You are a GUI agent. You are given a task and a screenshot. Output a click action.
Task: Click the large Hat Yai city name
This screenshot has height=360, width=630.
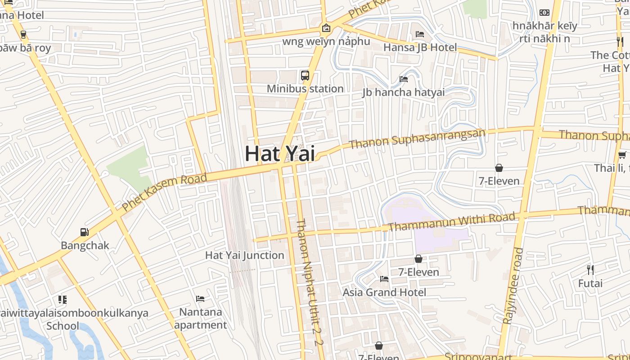coord(279,153)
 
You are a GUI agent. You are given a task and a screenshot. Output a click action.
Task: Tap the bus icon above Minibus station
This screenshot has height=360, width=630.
coord(305,75)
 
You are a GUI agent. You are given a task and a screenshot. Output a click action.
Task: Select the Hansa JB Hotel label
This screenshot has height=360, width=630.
coord(420,47)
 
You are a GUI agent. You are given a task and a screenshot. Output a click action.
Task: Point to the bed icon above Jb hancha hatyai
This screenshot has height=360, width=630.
coord(404,79)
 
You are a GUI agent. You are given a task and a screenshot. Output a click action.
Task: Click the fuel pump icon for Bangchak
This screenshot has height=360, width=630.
coord(84,232)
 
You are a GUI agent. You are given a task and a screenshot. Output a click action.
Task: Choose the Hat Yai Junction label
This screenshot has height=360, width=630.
coord(245,255)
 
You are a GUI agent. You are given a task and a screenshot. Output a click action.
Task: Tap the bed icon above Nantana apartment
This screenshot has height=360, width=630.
coord(200,299)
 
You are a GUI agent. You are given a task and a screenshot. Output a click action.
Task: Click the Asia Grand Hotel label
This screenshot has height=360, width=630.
coord(384,292)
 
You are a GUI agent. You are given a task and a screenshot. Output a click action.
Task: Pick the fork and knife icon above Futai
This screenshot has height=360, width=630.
coord(590,270)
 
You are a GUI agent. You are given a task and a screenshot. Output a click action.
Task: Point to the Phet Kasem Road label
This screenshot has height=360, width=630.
coord(165,192)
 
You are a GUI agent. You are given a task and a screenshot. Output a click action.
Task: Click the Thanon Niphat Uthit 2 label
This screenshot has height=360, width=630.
coord(309,282)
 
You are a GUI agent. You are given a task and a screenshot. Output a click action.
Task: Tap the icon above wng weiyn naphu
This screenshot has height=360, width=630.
coord(326,28)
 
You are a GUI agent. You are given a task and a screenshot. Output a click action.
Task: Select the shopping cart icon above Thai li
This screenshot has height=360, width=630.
coord(622,155)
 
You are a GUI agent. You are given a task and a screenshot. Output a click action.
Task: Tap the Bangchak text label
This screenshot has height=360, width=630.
coord(85,246)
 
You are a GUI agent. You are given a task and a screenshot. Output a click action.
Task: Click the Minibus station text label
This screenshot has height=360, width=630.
coord(305,89)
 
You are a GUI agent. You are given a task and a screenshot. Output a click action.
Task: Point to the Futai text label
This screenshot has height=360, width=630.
coord(590,283)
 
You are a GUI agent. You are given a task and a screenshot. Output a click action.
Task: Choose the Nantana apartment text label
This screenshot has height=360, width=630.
coord(201,318)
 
